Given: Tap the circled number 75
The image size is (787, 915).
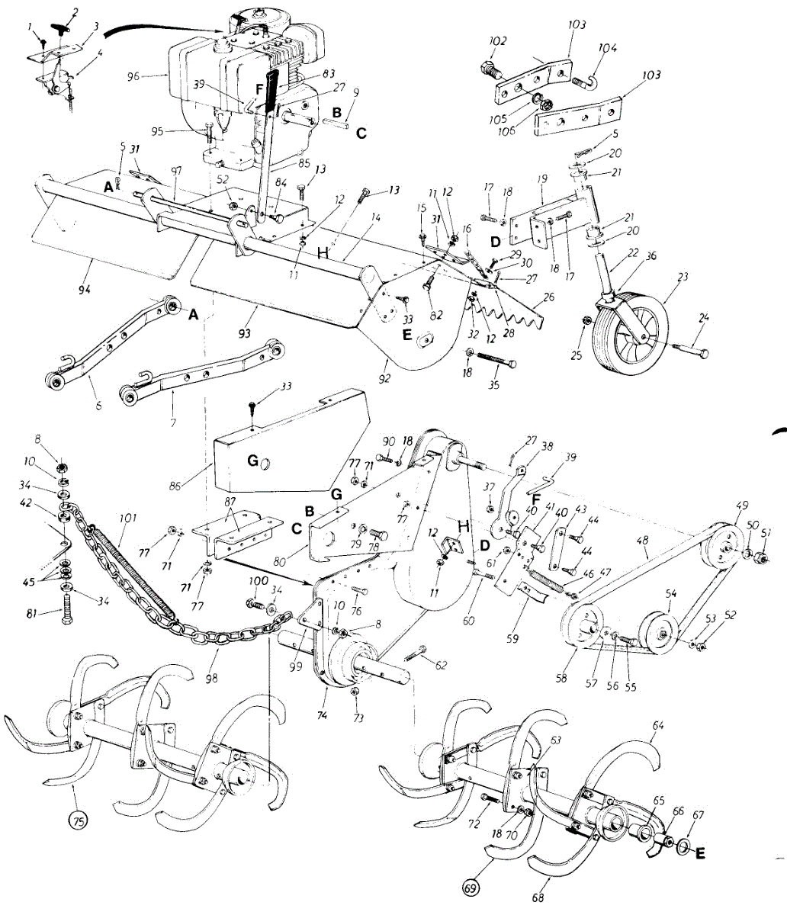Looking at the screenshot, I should (x=78, y=821).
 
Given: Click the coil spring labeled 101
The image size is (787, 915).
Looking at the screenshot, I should (x=139, y=567).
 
